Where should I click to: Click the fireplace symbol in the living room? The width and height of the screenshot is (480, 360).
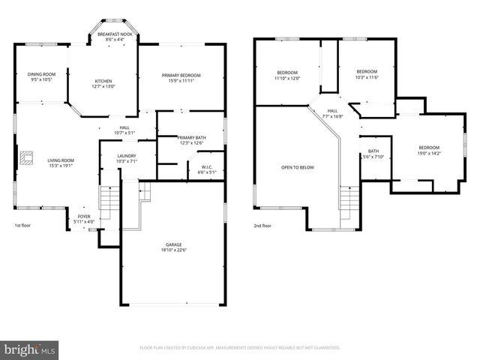coord(28,157)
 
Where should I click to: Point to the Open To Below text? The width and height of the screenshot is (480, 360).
coord(298,167)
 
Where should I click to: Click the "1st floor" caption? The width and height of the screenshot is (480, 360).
coord(23,225)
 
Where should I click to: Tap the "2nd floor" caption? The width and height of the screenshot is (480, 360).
coord(262,225)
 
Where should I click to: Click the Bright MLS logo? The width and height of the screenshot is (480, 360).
coord(30,349)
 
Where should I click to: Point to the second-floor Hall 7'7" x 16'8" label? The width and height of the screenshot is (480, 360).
coord(332,113)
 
